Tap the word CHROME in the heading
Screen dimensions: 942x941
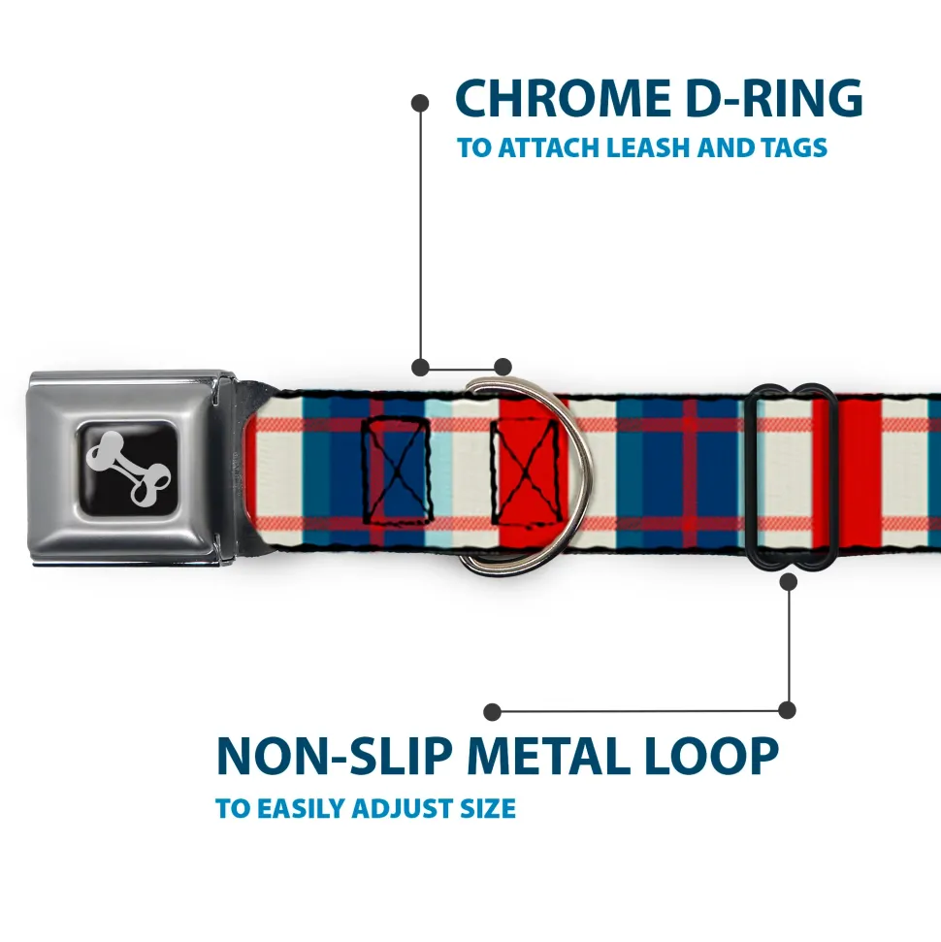(x=558, y=99)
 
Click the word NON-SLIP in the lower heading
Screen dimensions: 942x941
(x=333, y=757)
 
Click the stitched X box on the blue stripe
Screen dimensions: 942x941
(x=396, y=470)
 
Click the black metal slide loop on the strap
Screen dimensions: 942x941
(x=793, y=475)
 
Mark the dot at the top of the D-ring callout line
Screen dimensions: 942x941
(x=420, y=101)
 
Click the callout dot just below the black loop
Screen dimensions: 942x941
(x=788, y=581)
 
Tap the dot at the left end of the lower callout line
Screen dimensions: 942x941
(x=493, y=712)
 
